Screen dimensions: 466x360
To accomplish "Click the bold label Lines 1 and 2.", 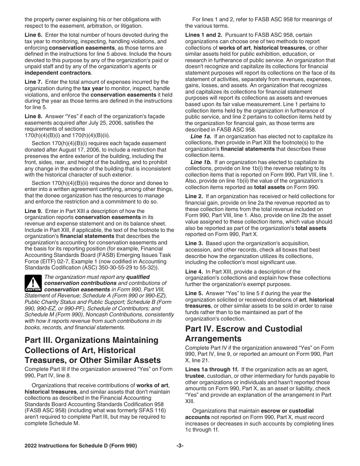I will [203, 35].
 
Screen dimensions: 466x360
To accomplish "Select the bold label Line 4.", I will [194, 271].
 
